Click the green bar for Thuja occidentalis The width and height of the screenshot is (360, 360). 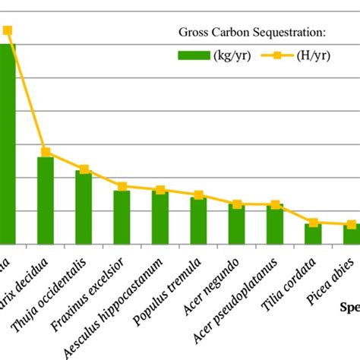coord(84,207)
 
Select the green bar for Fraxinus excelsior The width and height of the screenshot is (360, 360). coord(122,216)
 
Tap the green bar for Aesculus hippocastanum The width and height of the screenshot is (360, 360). coord(160,217)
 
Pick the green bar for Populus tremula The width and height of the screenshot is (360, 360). coord(198,220)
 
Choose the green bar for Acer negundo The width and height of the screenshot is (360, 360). coord(237,223)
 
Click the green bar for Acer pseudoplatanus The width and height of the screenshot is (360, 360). coord(275,223)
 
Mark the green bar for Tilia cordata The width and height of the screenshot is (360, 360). coord(313,233)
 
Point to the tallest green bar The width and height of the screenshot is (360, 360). coord(7,144)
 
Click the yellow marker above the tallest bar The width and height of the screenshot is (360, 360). coord(7,30)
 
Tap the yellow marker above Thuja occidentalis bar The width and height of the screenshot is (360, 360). coord(84,169)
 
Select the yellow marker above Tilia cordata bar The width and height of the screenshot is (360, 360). coord(313,223)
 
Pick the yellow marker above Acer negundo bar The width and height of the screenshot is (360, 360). coord(237,204)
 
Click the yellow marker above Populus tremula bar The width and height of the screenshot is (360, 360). coord(198,195)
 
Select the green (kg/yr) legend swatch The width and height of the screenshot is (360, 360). coord(193,55)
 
